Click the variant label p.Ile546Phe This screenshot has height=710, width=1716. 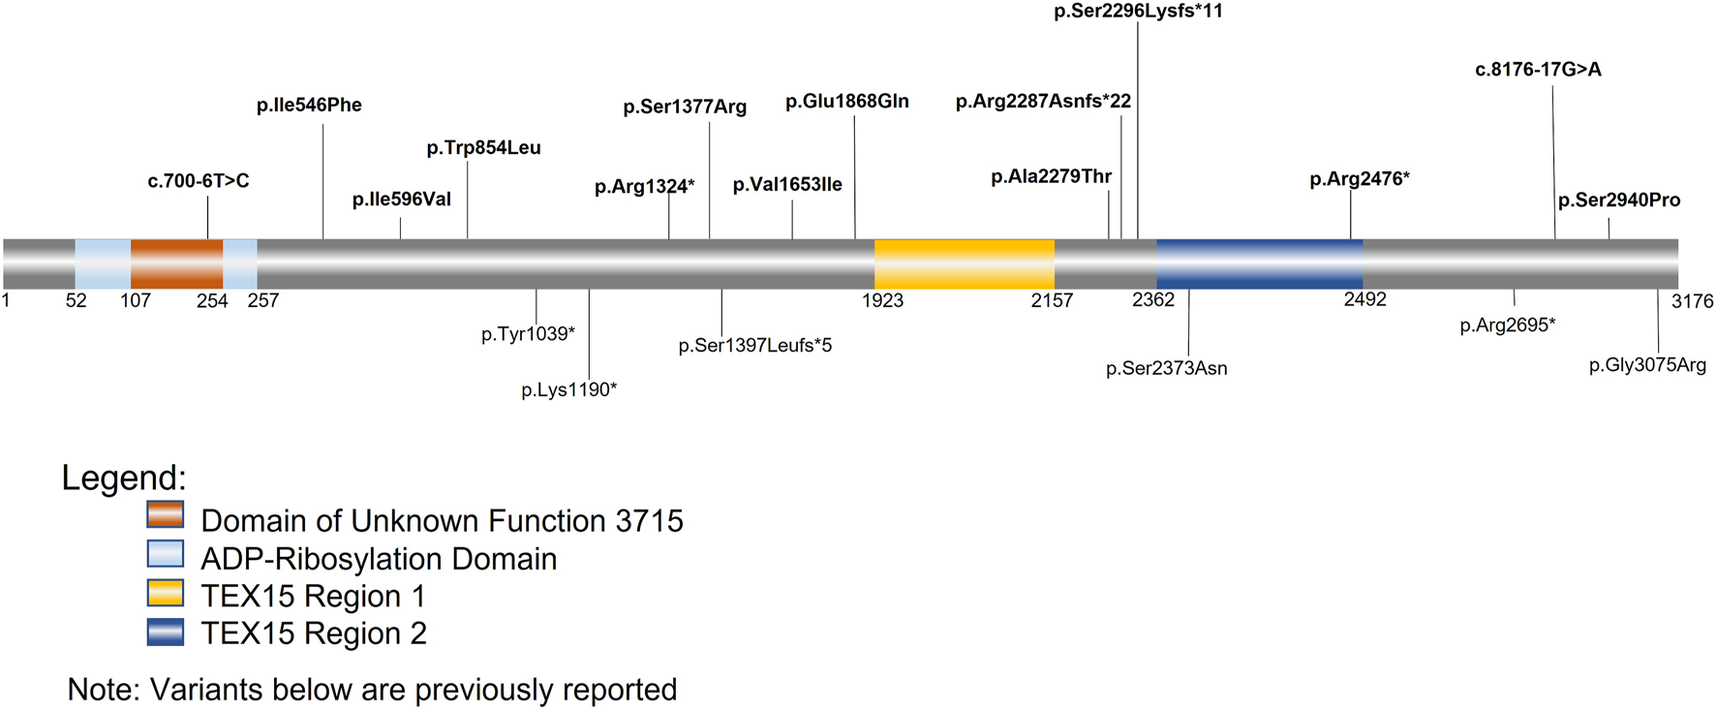tap(309, 106)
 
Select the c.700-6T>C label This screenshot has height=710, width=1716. tap(199, 181)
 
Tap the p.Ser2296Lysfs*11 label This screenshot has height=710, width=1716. tap(1138, 12)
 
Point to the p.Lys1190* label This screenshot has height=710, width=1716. tap(568, 389)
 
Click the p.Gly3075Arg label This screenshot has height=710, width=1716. tap(1647, 365)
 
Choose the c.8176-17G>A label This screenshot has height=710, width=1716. tap(1538, 70)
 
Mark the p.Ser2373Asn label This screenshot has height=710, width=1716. tap(1166, 368)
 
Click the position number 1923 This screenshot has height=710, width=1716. tap(882, 300)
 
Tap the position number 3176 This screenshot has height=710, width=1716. tap(1692, 301)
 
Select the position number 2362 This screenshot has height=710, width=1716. tap(1152, 300)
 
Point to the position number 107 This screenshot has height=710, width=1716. tap(136, 300)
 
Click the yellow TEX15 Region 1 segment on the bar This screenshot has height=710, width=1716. tap(964, 263)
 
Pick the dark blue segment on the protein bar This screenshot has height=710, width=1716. tap(1259, 263)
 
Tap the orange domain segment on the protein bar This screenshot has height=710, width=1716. tap(176, 263)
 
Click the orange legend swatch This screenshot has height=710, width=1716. tap(166, 514)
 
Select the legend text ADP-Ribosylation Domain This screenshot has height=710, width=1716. tap(379, 559)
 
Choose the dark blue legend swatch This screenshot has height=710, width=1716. tap(166, 632)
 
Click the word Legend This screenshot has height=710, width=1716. tap(123, 478)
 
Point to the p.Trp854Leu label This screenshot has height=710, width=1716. tap(483, 148)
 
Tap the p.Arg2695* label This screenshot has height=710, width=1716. tap(1507, 325)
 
